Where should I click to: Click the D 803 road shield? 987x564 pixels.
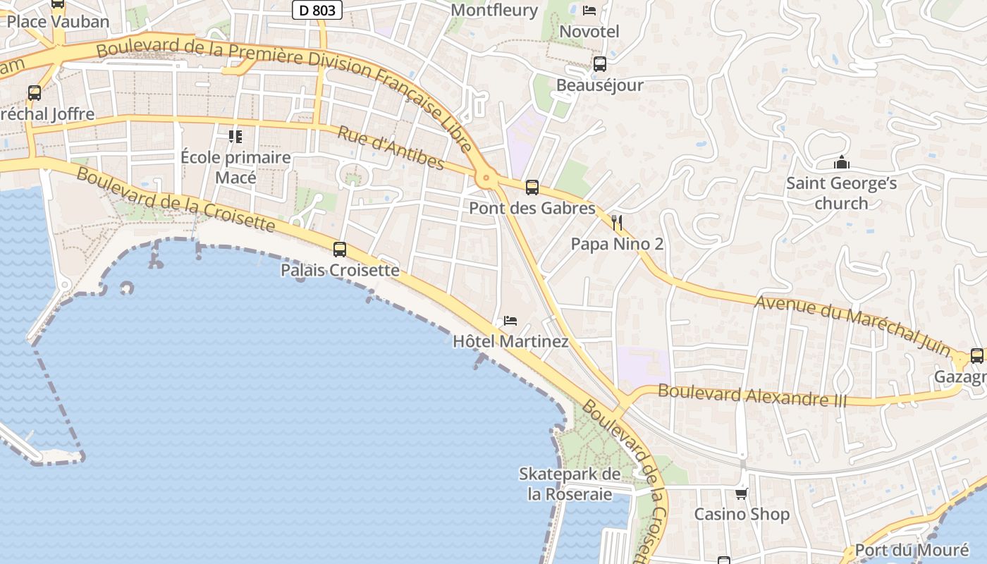[x=317, y=10]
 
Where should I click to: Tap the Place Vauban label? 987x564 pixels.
[x=58, y=21]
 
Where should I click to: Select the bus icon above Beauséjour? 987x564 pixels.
[x=600, y=64]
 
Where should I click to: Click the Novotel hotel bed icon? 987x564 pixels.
[x=589, y=10]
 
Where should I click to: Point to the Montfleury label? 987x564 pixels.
[x=493, y=10]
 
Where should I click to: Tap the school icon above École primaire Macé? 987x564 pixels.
[x=235, y=136]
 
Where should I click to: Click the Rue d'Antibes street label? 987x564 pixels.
[x=391, y=148]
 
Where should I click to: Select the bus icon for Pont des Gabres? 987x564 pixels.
[x=532, y=188]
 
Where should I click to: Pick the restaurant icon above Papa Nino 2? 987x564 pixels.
[x=617, y=223]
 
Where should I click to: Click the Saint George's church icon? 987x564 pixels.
[x=841, y=163]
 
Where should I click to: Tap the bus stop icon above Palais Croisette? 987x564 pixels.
[x=340, y=249]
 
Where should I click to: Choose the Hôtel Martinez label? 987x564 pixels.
[x=510, y=342]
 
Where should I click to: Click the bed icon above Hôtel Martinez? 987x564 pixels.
[x=510, y=321]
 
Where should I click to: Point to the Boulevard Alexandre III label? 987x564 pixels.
[x=752, y=396]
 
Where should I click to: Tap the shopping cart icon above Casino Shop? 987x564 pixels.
[x=741, y=493]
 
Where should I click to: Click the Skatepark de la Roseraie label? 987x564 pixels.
[x=570, y=484]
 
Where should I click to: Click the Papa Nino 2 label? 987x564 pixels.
[x=617, y=245]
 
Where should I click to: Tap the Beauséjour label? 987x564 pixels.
[x=600, y=85]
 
